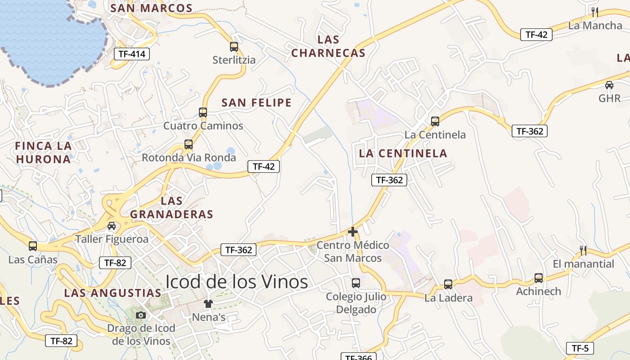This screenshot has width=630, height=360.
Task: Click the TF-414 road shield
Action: tap(131, 54)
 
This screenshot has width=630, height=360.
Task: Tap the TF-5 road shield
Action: tap(580, 348)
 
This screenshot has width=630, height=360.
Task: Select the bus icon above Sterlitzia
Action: tap(234, 46)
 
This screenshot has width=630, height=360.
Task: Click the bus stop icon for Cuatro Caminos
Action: tap(203, 112)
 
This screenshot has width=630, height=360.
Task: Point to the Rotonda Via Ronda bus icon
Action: tap(189, 144)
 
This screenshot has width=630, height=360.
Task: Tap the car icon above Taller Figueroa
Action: tap(112, 226)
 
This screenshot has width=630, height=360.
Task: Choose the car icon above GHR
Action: tap(609, 85)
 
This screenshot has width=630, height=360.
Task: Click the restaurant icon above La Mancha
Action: tap(595, 12)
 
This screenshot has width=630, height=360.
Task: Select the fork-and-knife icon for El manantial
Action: tap(583, 250)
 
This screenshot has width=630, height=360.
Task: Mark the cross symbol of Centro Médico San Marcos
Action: tap(353, 232)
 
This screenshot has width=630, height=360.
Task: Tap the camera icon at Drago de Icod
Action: tap(141, 315)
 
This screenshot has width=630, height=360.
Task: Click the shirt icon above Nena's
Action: tap(208, 303)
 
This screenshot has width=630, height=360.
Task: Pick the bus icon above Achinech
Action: tap(538, 278)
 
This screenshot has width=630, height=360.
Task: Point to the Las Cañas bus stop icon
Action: tap(33, 246)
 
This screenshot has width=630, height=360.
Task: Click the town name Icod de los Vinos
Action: tap(237, 282)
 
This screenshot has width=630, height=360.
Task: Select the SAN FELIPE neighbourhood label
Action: tap(256, 103)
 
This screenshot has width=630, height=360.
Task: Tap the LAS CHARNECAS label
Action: tap(328, 46)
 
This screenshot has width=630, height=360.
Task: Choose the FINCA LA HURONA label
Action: tap(43, 152)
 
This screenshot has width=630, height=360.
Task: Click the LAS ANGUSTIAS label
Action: tap(112, 293)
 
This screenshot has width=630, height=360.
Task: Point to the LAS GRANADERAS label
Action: tap(172, 207)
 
